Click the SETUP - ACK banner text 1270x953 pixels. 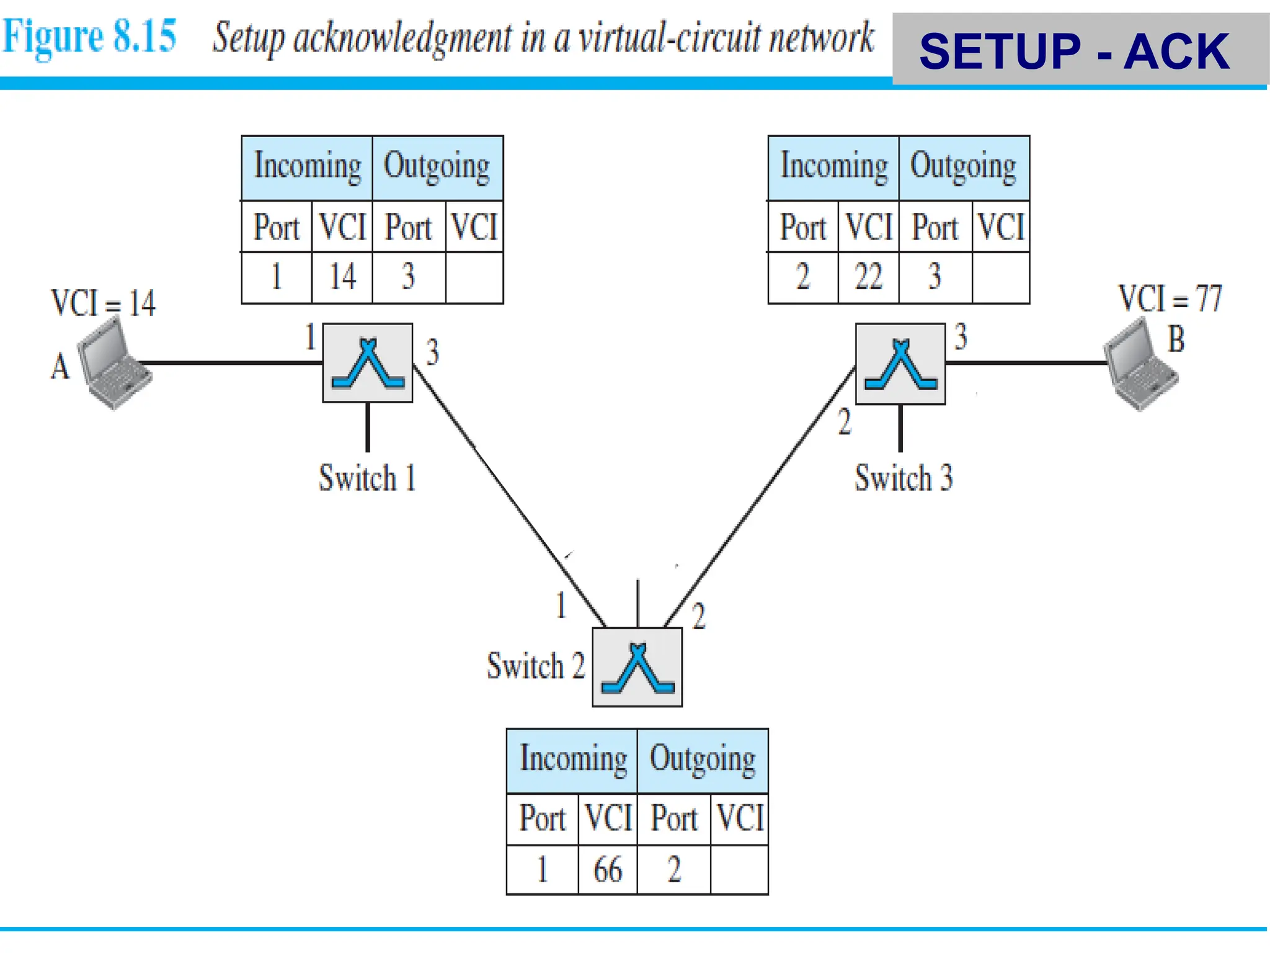point(1074,51)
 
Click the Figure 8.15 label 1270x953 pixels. point(90,36)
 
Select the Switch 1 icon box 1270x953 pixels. point(368,363)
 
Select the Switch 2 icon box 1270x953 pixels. point(637,668)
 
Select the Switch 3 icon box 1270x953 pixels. point(900,364)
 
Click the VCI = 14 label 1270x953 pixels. point(103,303)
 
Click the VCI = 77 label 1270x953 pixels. point(1170,299)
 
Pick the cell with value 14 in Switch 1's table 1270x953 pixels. point(342,277)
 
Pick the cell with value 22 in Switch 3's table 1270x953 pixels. point(868,277)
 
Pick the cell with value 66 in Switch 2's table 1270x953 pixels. point(608,869)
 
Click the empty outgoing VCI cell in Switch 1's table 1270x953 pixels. point(474,277)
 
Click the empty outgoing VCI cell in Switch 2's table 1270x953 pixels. point(739,869)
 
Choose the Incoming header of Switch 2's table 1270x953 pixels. point(572,759)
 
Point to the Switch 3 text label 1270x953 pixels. point(903,478)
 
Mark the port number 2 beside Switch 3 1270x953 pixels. point(844,422)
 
